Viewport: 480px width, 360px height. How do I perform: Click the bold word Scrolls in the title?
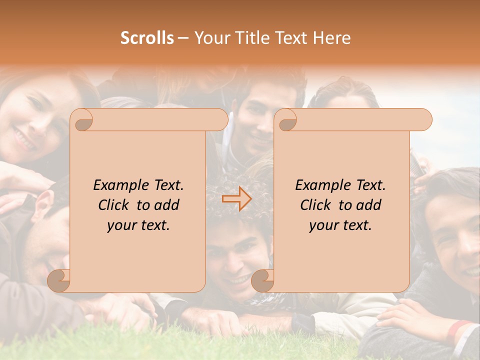coord(147,38)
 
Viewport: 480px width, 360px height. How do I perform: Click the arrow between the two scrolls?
coord(236,198)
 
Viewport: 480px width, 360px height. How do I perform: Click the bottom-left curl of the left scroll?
coord(59,280)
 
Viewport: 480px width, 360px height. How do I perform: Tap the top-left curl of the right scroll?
coord(286,120)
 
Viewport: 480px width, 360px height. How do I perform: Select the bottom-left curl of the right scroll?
coord(263,280)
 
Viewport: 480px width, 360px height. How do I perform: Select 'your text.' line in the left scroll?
coord(138,225)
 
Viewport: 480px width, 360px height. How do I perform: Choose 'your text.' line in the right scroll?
coord(340,225)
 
